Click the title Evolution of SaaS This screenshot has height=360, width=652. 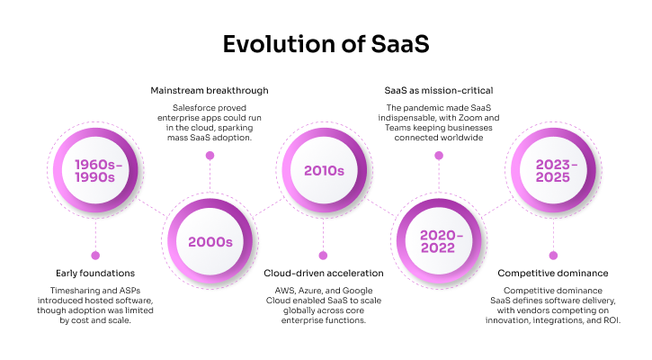[325, 44]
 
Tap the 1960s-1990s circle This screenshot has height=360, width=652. [95, 170]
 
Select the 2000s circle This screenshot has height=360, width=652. [210, 241]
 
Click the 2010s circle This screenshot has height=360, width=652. [325, 170]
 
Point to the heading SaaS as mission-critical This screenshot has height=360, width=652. [439, 91]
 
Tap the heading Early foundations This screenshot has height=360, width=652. [95, 273]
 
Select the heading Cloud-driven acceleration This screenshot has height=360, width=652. [324, 273]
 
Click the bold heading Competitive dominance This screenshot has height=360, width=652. [553, 273]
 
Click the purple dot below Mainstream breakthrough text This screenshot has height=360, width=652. [210, 155]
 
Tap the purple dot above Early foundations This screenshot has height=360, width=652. [95, 255]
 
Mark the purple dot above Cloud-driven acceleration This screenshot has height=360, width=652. [324, 255]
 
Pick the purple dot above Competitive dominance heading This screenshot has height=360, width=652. [553, 255]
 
